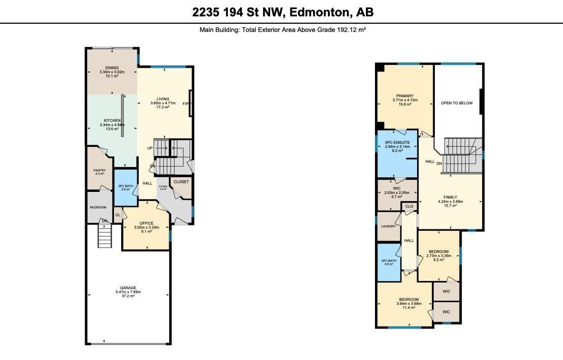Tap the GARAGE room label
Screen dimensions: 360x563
click(128, 288)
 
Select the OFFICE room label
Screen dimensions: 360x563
click(146, 223)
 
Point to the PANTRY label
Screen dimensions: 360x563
click(99, 170)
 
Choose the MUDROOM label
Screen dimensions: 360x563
click(98, 208)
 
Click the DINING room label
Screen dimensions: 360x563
click(112, 68)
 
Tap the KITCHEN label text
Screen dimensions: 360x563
click(112, 121)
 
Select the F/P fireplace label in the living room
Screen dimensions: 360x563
click(185, 103)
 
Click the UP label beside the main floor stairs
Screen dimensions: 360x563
click(150, 148)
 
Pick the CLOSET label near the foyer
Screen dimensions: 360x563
click(181, 182)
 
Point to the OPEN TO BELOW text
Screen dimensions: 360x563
click(457, 103)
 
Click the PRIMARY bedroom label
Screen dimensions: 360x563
click(405, 96)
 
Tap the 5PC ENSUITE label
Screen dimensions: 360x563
click(397, 142)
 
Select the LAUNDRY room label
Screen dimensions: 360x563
click(388, 226)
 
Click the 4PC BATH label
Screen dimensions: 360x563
click(388, 261)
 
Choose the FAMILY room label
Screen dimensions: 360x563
click(450, 197)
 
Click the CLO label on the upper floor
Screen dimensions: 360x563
click(409, 207)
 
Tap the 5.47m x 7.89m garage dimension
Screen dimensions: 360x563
click(128, 292)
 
